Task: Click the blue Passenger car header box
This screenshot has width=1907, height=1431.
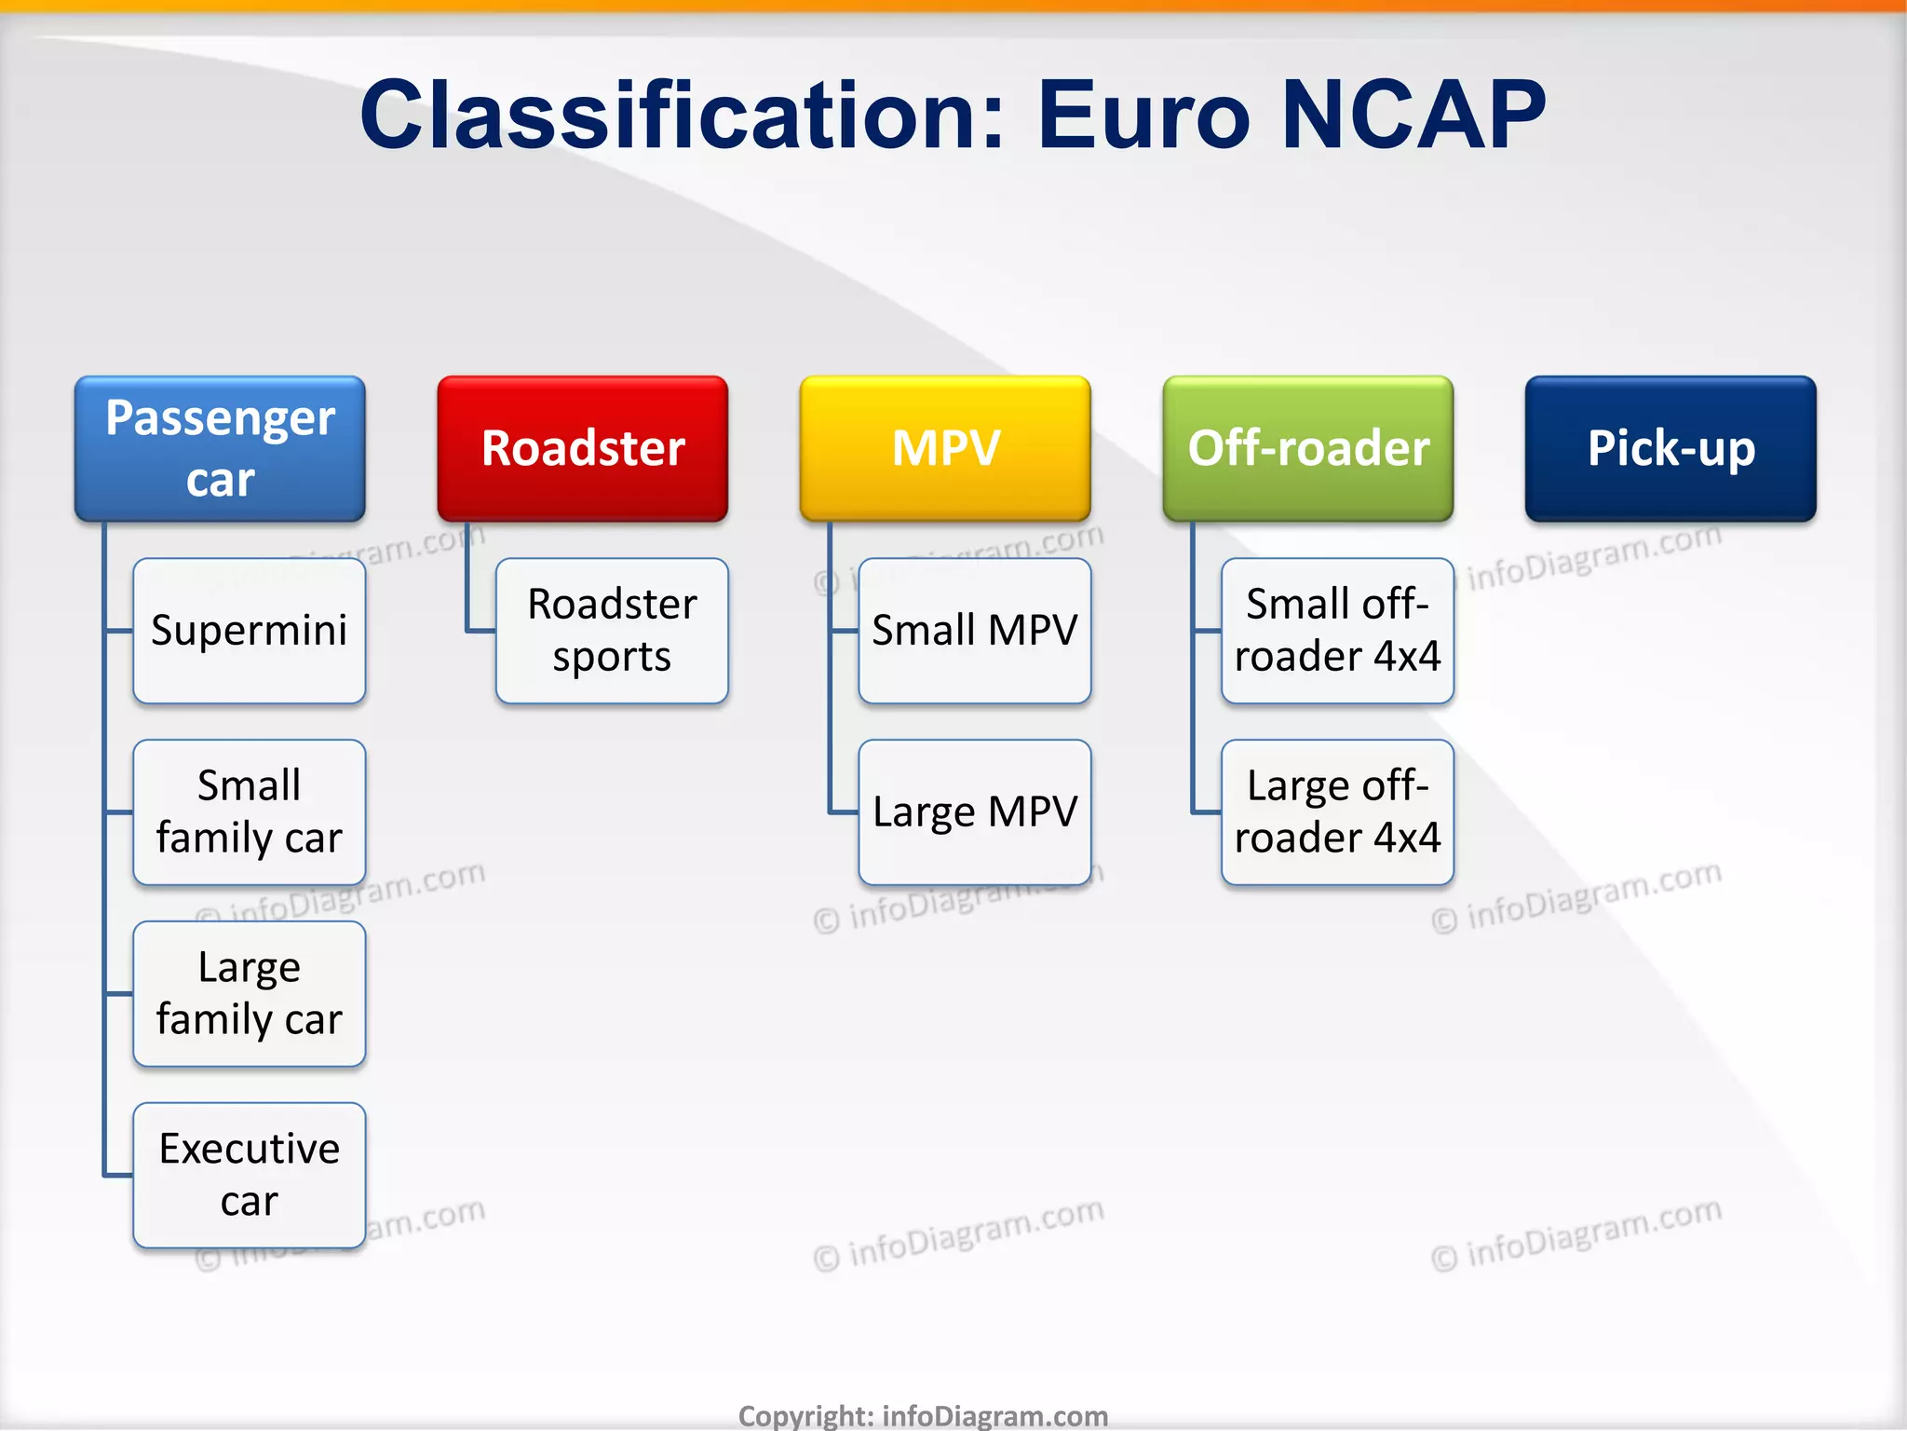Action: [x=220, y=448]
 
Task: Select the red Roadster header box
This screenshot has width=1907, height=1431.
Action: [x=583, y=448]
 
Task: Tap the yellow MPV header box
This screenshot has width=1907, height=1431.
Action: [x=945, y=448]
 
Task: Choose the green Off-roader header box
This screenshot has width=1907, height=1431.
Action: [x=1307, y=448]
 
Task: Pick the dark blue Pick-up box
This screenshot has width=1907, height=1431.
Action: [x=1670, y=448]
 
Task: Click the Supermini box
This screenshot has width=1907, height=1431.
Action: [x=250, y=631]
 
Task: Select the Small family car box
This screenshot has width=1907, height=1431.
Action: [x=250, y=811]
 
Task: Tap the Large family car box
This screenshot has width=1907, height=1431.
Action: [x=250, y=993]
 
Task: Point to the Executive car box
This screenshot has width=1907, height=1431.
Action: [x=250, y=1175]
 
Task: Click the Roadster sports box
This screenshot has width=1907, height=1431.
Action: [x=612, y=631]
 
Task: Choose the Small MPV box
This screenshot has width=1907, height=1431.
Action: [x=974, y=631]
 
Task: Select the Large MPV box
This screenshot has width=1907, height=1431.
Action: [x=974, y=811]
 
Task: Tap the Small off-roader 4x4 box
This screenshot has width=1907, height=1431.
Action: [x=1337, y=631]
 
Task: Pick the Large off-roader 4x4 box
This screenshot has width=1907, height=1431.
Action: [x=1337, y=811]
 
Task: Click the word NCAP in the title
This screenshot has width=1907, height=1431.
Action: [x=1413, y=116]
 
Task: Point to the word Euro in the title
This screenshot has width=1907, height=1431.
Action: [x=1143, y=116]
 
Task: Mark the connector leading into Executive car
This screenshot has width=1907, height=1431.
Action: [x=117, y=1175]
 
